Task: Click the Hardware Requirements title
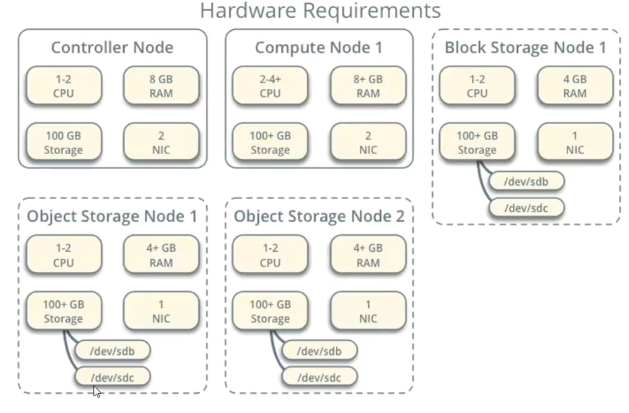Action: point(320,10)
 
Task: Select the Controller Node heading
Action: point(112,47)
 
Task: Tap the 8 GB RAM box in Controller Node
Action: point(161,86)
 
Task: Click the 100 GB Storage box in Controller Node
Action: point(63,143)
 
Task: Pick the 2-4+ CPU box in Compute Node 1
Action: point(270,86)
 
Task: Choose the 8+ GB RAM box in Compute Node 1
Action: point(368,86)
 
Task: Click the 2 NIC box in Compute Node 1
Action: point(368,143)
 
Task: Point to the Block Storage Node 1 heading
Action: point(526,47)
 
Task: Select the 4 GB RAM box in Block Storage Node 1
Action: point(574,86)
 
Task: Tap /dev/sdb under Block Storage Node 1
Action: point(527,181)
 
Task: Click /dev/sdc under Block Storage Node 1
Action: point(527,208)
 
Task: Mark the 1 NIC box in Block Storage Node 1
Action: point(574,143)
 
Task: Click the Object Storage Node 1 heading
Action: point(112,216)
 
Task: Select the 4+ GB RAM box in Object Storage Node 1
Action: point(161,255)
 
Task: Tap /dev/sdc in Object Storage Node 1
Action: point(112,377)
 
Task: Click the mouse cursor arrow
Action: point(96,391)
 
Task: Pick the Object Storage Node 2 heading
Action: point(319,216)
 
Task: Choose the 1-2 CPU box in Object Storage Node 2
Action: point(270,255)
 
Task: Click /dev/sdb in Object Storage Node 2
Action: point(319,351)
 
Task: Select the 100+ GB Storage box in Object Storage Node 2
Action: point(270,311)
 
